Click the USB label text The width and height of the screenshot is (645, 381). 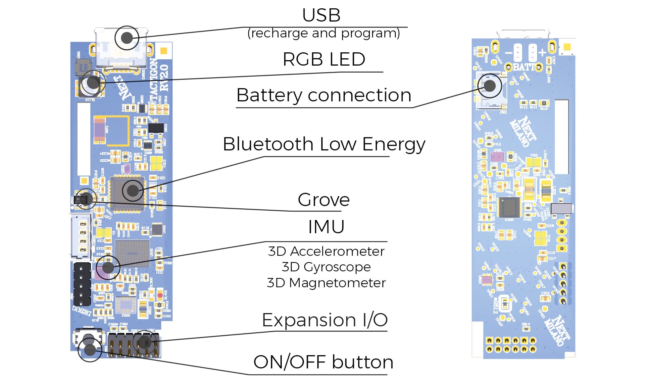321,15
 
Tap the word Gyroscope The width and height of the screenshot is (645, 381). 337,267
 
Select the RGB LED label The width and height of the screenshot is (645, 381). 324,60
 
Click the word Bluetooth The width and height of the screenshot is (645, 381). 268,144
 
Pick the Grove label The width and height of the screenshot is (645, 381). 323,200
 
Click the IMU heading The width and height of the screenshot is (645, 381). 326,227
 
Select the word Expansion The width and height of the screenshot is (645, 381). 309,320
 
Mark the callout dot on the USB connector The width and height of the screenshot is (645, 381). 127,38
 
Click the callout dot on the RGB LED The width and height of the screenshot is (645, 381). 93,82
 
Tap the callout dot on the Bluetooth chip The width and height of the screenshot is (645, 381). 133,190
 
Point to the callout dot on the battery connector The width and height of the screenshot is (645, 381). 489,86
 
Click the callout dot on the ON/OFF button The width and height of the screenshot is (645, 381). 90,350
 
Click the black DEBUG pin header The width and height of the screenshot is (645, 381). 82,284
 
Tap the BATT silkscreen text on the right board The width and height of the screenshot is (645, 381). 523,67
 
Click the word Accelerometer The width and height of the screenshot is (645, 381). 337,251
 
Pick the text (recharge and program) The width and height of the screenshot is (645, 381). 323,33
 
